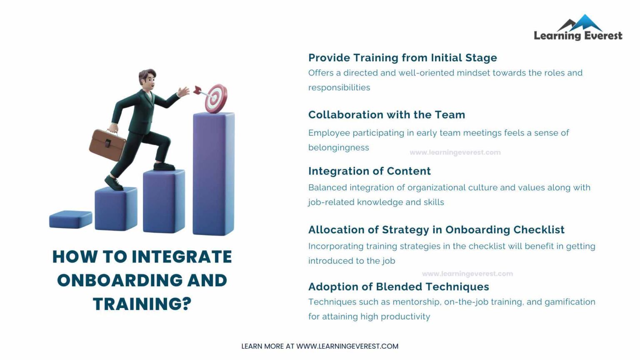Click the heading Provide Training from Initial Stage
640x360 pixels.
[x=402, y=57]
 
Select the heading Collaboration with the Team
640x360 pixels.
[x=386, y=115]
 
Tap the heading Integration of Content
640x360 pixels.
[x=369, y=171]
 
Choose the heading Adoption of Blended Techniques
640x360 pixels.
[x=398, y=287]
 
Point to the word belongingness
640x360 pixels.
[x=338, y=147]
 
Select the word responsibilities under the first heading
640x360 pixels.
[x=339, y=87]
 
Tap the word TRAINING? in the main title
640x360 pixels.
[x=142, y=304]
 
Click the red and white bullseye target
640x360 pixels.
[x=216, y=98]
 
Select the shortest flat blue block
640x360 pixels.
[x=70, y=219]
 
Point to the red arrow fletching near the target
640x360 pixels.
[x=197, y=90]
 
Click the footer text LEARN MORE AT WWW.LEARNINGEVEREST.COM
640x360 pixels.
[x=320, y=346]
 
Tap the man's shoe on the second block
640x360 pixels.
[x=113, y=183]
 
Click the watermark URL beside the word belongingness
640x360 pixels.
[x=455, y=152]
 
